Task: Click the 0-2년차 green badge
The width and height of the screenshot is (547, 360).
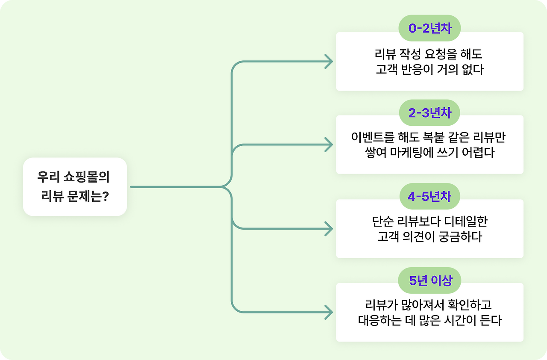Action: click(x=429, y=28)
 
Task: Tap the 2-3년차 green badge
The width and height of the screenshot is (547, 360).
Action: click(x=429, y=112)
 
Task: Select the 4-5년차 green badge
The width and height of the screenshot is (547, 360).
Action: click(x=429, y=196)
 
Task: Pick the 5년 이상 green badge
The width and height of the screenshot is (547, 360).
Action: click(x=429, y=280)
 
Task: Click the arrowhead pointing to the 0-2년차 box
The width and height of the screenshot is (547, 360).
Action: click(x=329, y=62)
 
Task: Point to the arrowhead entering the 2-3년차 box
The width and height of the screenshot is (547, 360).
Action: click(x=329, y=145)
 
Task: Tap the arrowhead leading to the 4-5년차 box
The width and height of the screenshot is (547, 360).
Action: click(x=329, y=229)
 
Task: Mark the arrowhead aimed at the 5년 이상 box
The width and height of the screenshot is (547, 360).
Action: click(x=329, y=313)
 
